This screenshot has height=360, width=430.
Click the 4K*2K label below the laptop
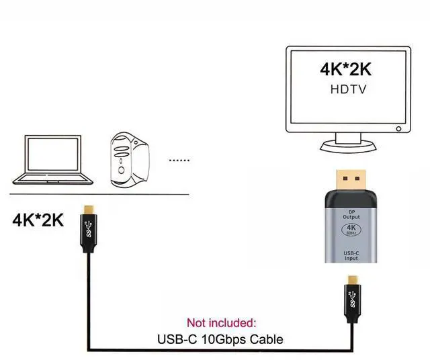tap(38, 220)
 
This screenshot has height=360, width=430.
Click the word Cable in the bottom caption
tap(266, 339)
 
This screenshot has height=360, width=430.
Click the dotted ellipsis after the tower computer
tap(179, 161)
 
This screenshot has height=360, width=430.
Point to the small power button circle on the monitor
tap(398, 128)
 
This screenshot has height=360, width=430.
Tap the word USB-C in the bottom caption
tap(175, 339)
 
